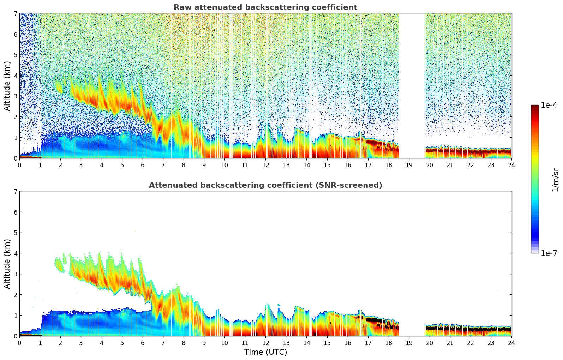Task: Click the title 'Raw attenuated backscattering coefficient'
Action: [x=265, y=7]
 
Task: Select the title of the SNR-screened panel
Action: [x=265, y=185]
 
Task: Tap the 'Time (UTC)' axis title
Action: [x=265, y=352]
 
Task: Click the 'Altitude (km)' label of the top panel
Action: [x=7, y=86]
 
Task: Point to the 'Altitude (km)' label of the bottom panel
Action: [x=7, y=264]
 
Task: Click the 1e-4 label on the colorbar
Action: [x=549, y=105]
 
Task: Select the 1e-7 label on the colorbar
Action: [x=549, y=253]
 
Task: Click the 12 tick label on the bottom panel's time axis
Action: [x=265, y=343]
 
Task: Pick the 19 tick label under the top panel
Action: [x=409, y=165]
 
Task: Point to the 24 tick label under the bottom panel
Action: [x=511, y=343]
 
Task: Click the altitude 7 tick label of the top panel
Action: [x=15, y=14]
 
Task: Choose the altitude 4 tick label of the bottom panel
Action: [x=15, y=253]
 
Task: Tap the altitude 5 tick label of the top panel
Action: [x=15, y=55]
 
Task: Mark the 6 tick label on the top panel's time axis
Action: [x=143, y=165]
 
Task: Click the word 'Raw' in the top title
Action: [x=181, y=7]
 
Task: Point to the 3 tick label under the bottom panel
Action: [x=81, y=343]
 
